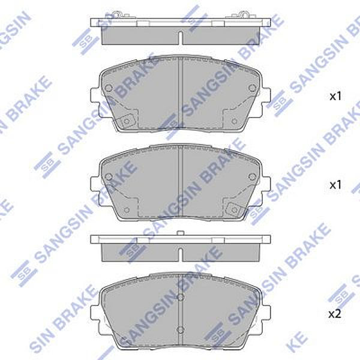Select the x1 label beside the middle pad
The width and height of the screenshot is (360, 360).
click(x=335, y=185)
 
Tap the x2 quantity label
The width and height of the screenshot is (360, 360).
click(x=335, y=313)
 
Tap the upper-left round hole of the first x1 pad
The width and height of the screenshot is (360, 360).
click(x=109, y=88)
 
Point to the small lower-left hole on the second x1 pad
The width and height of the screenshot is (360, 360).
click(x=127, y=209)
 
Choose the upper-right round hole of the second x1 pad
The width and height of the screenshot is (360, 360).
click(x=253, y=176)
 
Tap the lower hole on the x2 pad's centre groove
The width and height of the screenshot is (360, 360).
click(x=181, y=328)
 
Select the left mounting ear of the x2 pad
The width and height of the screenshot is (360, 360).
click(x=94, y=311)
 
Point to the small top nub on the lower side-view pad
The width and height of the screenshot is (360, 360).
click(x=181, y=232)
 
